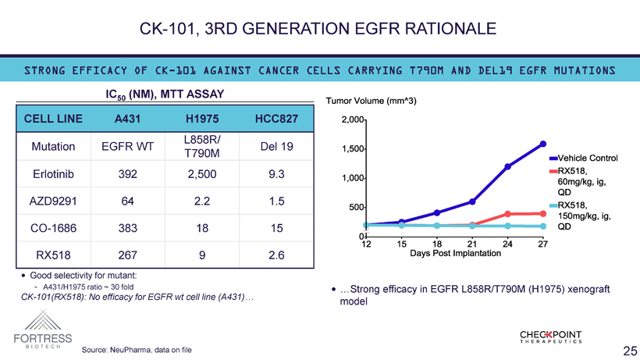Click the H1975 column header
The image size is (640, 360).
[x=202, y=119]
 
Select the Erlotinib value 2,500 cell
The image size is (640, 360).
[x=202, y=174]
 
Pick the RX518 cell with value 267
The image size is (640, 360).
[x=127, y=255]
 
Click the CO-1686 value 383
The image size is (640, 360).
[x=127, y=227]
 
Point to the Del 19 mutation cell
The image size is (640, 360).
[x=276, y=146]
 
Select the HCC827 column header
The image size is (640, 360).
[x=276, y=119]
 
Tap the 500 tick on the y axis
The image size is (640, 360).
[x=356, y=207]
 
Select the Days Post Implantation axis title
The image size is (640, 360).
[x=456, y=254]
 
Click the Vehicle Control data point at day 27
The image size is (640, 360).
[x=543, y=144]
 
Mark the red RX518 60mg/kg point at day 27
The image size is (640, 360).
[x=543, y=213]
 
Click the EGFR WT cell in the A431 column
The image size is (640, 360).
[x=127, y=146]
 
